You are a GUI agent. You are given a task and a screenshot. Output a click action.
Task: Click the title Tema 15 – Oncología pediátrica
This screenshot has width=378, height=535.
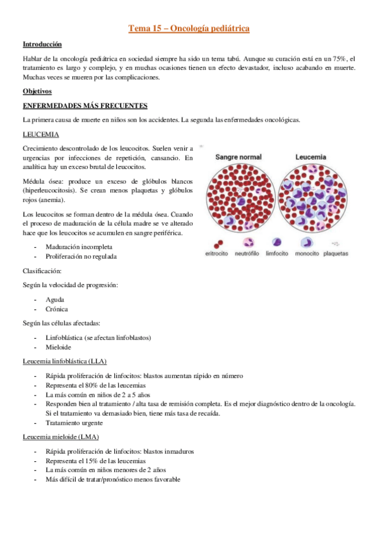pos(189,28)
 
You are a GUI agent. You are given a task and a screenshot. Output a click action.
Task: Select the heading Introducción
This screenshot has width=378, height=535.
pos(42,45)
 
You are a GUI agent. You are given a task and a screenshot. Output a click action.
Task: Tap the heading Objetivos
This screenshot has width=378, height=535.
pos(37,91)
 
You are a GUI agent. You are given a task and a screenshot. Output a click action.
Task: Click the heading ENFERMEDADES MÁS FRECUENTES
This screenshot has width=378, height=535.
pos(85,105)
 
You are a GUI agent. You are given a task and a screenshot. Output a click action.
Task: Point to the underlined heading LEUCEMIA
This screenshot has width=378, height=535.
pos(41,134)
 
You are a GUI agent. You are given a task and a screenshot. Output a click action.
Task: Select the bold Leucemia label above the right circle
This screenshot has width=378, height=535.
pos(311,156)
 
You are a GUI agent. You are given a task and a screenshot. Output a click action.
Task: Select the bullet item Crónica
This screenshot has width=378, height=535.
pos(57,309)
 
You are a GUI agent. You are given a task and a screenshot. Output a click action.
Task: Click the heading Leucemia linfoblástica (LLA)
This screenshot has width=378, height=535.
pos(64,362)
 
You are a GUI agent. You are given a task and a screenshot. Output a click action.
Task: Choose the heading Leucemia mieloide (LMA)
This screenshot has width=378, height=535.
pos(60,437)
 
